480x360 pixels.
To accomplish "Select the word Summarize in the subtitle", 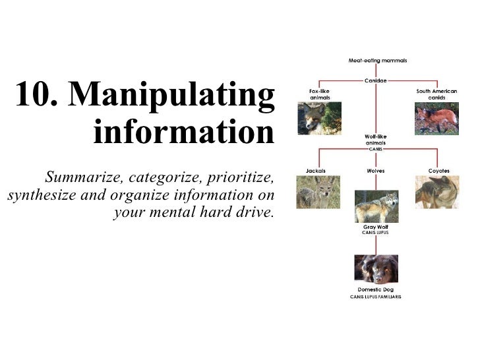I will [x=84, y=177].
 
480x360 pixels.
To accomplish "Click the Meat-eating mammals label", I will [x=377, y=60].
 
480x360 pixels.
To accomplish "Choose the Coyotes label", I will [x=438, y=171].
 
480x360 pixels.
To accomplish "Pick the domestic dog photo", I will [x=375, y=268].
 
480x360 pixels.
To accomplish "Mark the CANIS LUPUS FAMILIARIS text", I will [x=375, y=297].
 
